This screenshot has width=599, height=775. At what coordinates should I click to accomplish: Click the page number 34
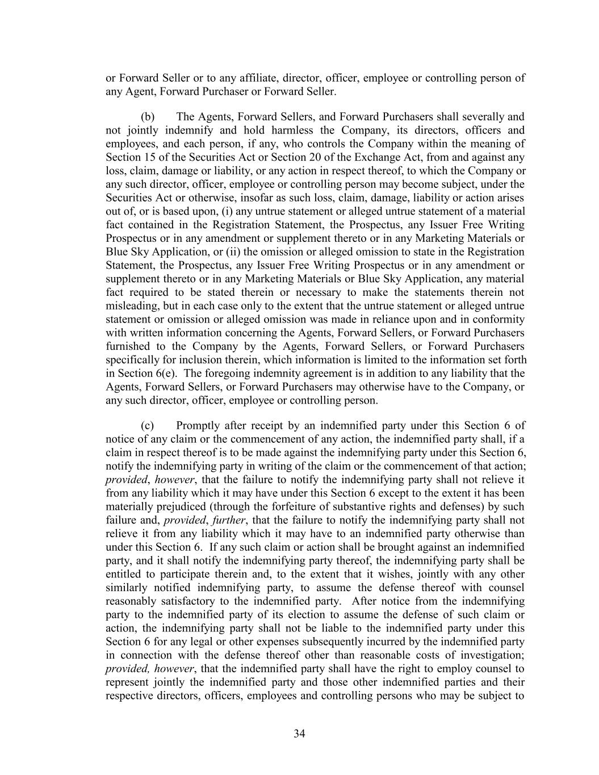pyautogui.click(x=299, y=734)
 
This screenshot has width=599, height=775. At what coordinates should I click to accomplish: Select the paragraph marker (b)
pyautogui.click(x=148, y=117)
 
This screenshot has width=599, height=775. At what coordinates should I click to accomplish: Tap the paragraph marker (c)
pyautogui.click(x=147, y=426)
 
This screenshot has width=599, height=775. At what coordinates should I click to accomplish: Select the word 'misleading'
pyautogui.click(x=131, y=306)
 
